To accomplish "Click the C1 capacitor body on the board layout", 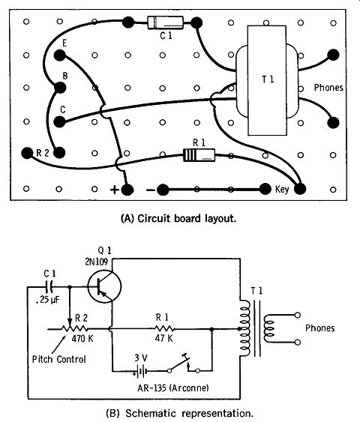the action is pyautogui.click(x=165, y=22).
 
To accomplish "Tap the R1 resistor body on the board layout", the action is pyautogui.click(x=199, y=155).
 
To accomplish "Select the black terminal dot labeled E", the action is pyautogui.click(x=60, y=55).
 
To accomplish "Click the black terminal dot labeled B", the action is pyautogui.click(x=60, y=88).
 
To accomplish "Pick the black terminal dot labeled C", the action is pyautogui.click(x=59, y=122).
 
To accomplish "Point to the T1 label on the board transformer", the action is pyautogui.click(x=268, y=79).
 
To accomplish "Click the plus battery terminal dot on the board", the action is pyautogui.click(x=127, y=190).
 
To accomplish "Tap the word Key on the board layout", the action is pyautogui.click(x=282, y=190).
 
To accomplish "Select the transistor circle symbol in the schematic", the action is pyautogui.click(x=104, y=286).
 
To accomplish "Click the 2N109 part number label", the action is pyautogui.click(x=96, y=262).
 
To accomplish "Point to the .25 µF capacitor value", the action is pyautogui.click(x=47, y=300).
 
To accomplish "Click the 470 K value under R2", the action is pyautogui.click(x=82, y=338).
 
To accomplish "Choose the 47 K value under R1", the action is pyautogui.click(x=163, y=338).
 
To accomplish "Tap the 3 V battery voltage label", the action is pyautogui.click(x=141, y=358).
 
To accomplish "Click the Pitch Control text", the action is pyautogui.click(x=59, y=359).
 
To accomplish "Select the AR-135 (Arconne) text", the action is pyautogui.click(x=173, y=388).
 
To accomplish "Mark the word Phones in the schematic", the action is pyautogui.click(x=320, y=328).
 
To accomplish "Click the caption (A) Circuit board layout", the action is pyautogui.click(x=178, y=218).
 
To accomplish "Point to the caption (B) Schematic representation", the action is pyautogui.click(x=180, y=413).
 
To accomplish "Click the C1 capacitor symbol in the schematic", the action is pyautogui.click(x=49, y=287).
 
